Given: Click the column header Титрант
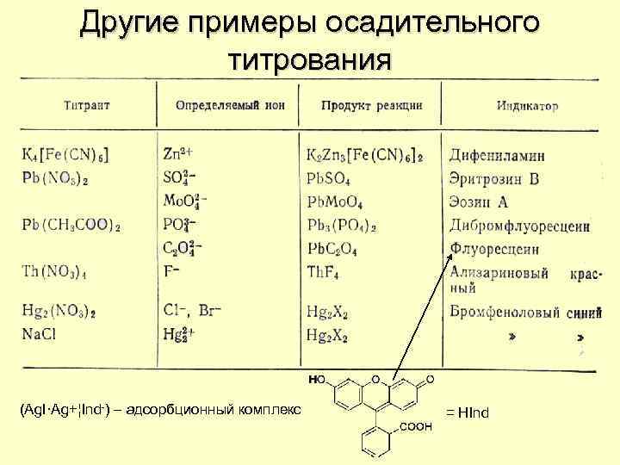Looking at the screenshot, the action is [86, 106].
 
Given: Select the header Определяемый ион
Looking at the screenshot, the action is [230, 106].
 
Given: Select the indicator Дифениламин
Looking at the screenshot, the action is [497, 156].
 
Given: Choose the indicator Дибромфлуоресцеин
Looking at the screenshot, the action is [519, 226].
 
